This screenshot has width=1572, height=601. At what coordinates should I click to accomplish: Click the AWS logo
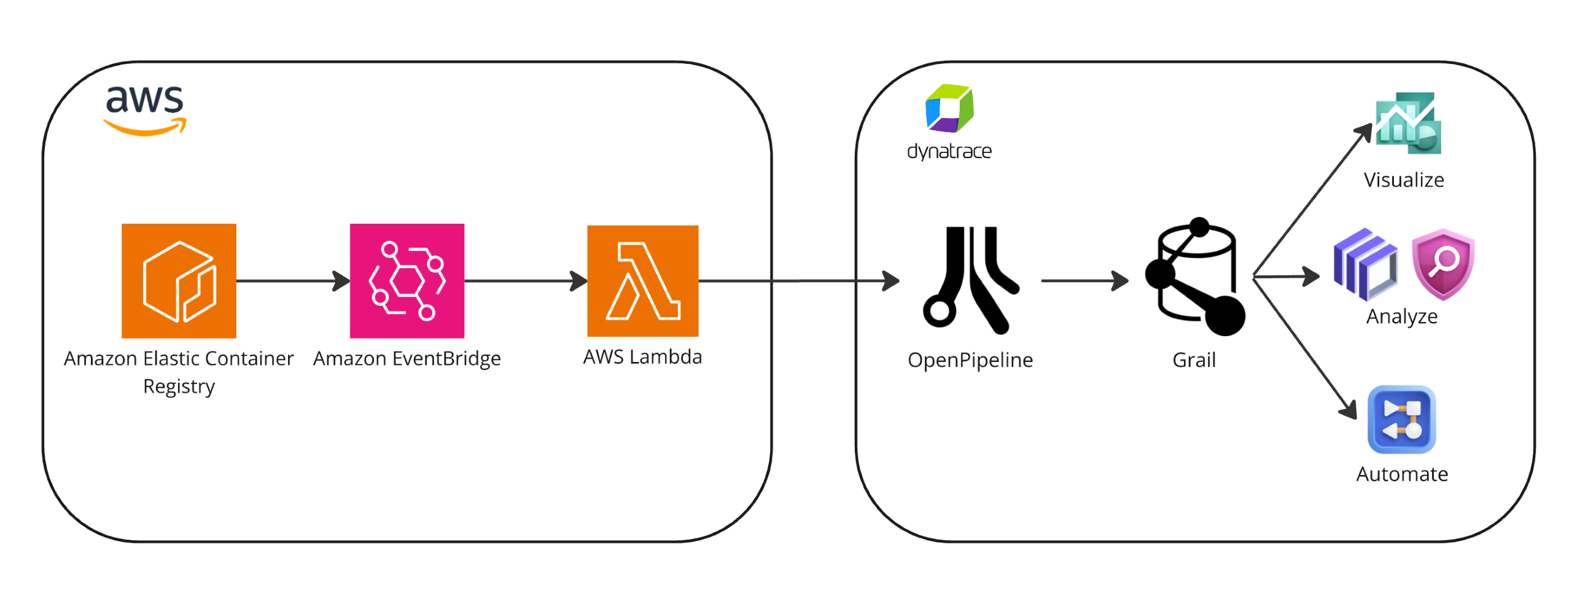pyautogui.click(x=145, y=109)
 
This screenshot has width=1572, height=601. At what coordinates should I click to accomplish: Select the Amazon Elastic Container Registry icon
pyautogui.click(x=179, y=280)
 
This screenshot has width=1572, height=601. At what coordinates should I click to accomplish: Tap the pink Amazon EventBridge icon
pyautogui.click(x=407, y=280)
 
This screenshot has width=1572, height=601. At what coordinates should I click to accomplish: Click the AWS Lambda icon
pyautogui.click(x=642, y=280)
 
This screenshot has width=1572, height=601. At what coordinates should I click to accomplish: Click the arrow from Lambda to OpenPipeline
pyautogui.click(x=798, y=281)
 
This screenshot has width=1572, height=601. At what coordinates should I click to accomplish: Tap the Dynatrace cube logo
pyautogui.click(x=949, y=108)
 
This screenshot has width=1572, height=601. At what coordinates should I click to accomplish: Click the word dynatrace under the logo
pyautogui.click(x=949, y=151)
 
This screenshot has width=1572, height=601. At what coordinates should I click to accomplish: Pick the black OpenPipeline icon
pyautogui.click(x=970, y=280)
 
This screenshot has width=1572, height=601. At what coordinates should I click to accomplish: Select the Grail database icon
pyautogui.click(x=1195, y=277)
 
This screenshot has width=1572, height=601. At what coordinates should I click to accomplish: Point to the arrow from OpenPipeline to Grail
pyautogui.click(x=1084, y=281)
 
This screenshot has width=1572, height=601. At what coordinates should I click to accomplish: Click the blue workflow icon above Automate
pyautogui.click(x=1402, y=419)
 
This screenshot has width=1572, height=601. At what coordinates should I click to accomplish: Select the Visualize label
pyautogui.click(x=1404, y=180)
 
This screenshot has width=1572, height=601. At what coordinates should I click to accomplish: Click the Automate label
pyautogui.click(x=1402, y=474)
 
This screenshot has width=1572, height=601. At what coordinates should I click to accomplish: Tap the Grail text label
pyautogui.click(x=1194, y=359)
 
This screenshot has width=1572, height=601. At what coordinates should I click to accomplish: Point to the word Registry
pyautogui.click(x=179, y=387)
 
